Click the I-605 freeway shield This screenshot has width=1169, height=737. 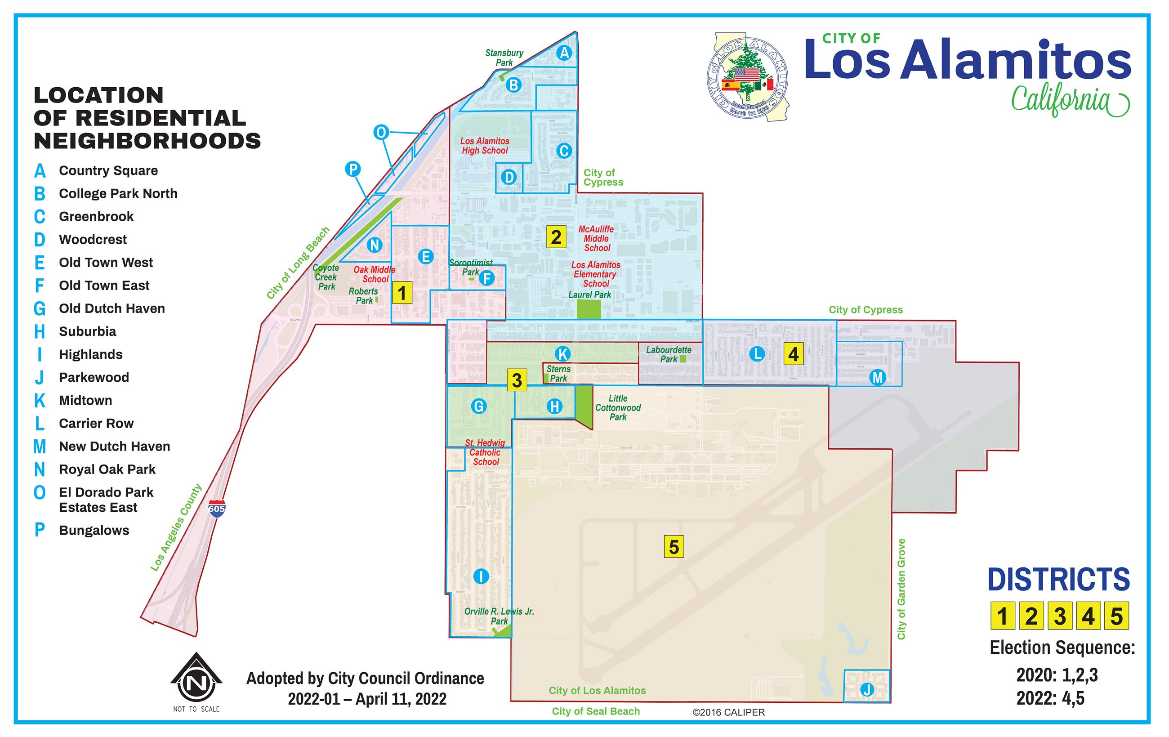[217, 508]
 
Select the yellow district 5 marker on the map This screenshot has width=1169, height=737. [674, 547]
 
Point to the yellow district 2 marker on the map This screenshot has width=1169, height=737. [556, 237]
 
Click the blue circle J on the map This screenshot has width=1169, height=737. [866, 689]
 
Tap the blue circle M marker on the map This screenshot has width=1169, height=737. [877, 377]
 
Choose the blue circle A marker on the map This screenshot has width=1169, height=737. [564, 53]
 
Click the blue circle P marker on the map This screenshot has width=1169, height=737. [353, 169]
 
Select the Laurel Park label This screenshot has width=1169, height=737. [589, 295]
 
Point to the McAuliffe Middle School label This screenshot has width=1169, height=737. [596, 238]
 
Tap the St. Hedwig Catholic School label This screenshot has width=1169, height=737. [485, 452]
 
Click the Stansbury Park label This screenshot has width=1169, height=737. [504, 58]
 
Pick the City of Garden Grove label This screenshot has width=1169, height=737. [901, 589]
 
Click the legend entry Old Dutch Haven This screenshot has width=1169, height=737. [112, 309]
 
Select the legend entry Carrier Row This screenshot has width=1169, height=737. [96, 424]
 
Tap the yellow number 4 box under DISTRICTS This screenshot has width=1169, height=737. [1088, 616]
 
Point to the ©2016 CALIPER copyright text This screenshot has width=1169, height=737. [729, 712]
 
